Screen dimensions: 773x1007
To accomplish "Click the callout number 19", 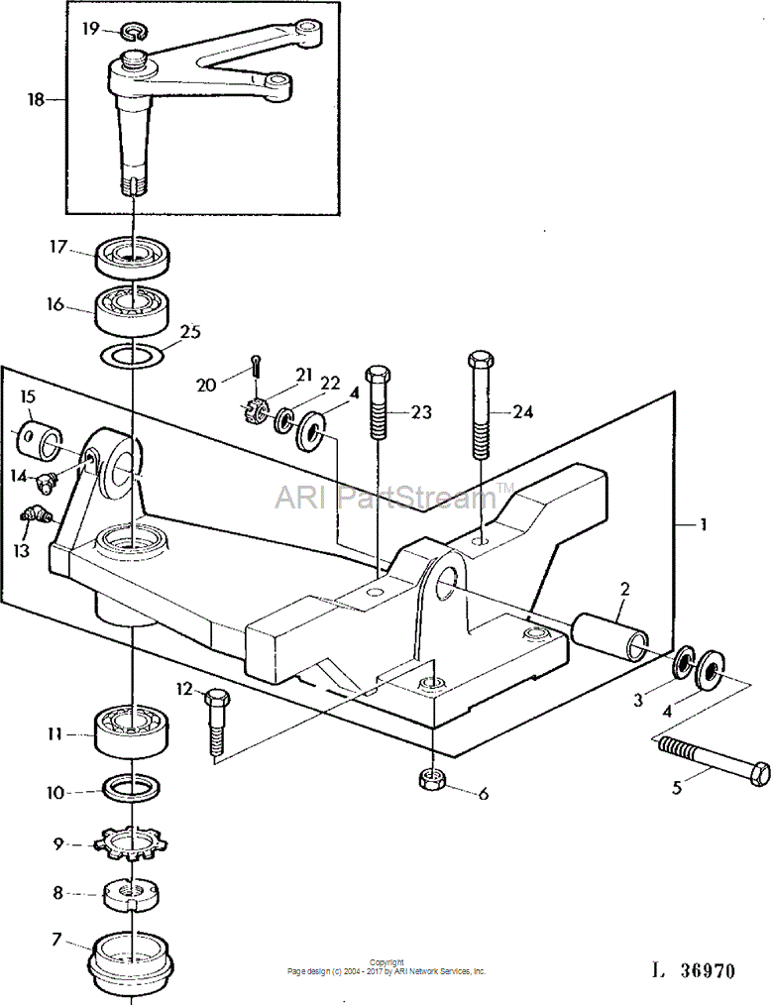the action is (x=91, y=29).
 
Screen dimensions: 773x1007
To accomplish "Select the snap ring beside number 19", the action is (x=132, y=30).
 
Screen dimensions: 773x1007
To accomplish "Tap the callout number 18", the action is (x=36, y=99).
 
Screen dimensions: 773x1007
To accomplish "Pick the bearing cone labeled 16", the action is (x=133, y=311).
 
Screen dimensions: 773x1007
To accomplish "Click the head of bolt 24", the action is (x=481, y=360).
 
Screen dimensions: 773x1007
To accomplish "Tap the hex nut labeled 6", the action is (x=430, y=780).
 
